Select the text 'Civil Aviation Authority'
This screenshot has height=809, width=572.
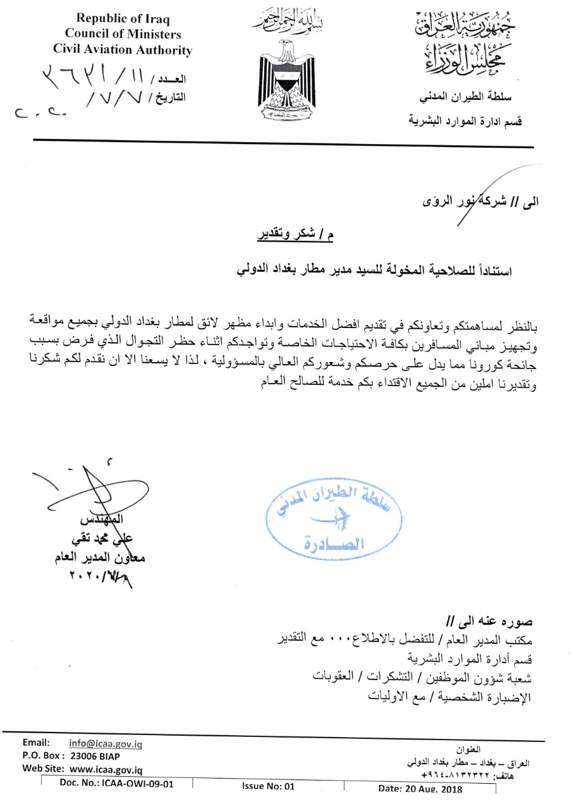(123, 49)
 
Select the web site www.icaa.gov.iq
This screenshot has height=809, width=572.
(106, 770)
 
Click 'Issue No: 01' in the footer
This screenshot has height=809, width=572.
(269, 787)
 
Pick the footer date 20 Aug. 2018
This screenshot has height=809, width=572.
(420, 789)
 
